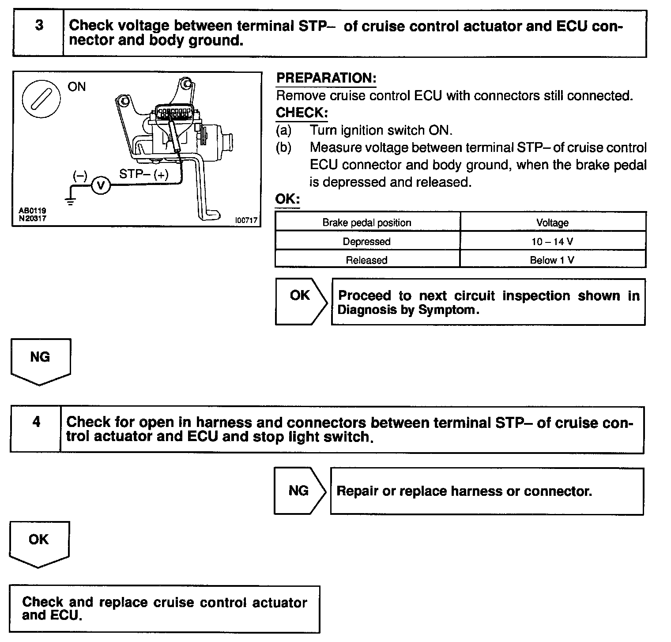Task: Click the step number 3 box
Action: [x=39, y=33]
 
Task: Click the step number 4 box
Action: [x=36, y=429]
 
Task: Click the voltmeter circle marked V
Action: [x=101, y=185]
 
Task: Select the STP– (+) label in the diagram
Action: [x=144, y=174]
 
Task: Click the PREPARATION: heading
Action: [x=326, y=79]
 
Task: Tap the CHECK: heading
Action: [x=302, y=113]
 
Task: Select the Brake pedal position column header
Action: [x=367, y=223]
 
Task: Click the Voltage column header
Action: [x=552, y=223]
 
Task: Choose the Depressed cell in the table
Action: [x=367, y=242]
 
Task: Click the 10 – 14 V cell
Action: [x=552, y=242]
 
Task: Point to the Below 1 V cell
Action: [x=552, y=260]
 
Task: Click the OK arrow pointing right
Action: [x=300, y=302]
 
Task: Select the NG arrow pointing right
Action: [x=299, y=491]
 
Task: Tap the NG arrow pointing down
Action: [x=40, y=359]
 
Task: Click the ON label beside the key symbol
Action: [x=77, y=87]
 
